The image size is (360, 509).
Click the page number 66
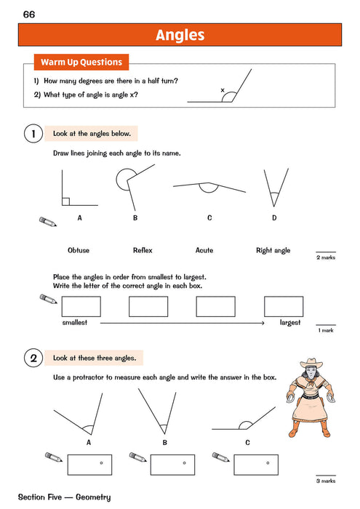29,15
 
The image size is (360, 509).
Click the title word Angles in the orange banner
180,35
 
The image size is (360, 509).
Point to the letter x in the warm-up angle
223,90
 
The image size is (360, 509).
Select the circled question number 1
32,134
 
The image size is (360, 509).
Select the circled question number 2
32,358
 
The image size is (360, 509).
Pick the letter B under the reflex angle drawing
135,217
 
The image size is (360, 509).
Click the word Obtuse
79,250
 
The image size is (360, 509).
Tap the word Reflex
143,250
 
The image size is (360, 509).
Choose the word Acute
204,250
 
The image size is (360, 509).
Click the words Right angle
273,250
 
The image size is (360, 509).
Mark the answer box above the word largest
284,307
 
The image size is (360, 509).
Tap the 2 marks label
325,257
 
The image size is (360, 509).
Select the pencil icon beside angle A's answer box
53,457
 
